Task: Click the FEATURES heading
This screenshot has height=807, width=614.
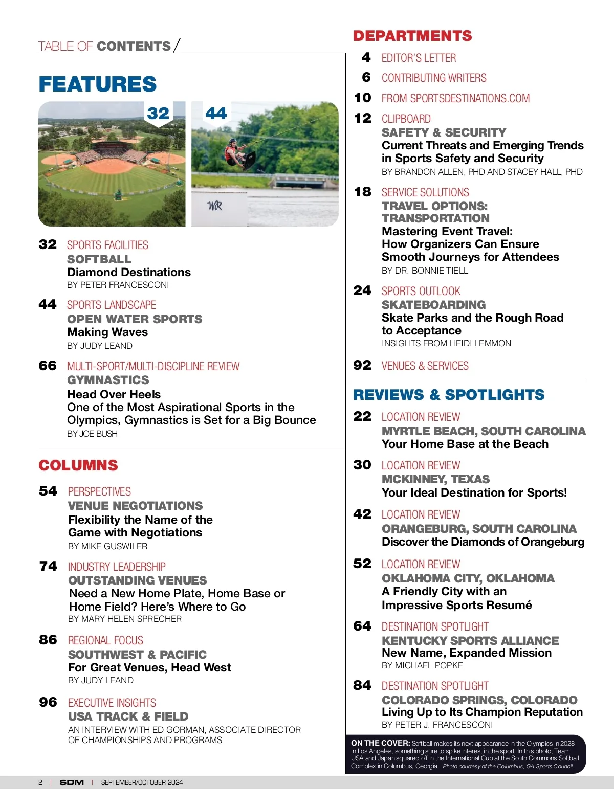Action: click(x=97, y=84)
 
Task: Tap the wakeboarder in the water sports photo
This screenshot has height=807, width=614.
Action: click(x=236, y=152)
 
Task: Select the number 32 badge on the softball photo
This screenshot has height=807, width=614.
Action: click(x=158, y=113)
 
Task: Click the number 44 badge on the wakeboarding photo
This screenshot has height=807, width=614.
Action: click(x=216, y=113)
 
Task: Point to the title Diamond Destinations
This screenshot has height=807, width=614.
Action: click(x=129, y=272)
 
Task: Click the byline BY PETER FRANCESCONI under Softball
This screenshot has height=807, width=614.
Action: click(x=118, y=285)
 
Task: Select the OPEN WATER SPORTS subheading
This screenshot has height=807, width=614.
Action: click(x=135, y=319)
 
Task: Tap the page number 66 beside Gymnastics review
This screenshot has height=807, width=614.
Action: click(x=48, y=366)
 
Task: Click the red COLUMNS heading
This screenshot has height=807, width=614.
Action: click(x=78, y=465)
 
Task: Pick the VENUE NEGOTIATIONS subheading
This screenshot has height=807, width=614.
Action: click(x=135, y=506)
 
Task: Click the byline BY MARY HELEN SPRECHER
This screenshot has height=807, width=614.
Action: click(x=125, y=619)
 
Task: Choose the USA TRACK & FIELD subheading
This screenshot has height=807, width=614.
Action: click(x=128, y=716)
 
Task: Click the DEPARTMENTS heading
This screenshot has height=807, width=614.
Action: click(x=412, y=36)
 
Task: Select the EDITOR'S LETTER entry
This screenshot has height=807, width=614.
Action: click(x=419, y=58)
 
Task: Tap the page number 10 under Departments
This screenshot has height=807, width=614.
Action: click(x=362, y=98)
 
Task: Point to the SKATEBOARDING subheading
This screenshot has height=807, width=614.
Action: click(x=433, y=305)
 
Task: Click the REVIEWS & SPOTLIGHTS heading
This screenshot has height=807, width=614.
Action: click(x=449, y=395)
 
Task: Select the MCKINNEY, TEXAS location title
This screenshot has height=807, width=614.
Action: click(x=435, y=479)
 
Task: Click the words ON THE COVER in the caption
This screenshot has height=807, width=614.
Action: click(x=380, y=743)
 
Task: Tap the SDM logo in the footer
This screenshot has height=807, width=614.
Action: click(x=71, y=782)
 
